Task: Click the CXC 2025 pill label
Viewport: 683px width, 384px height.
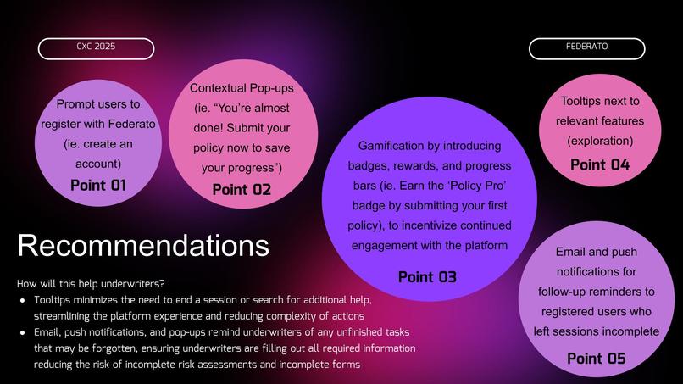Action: tap(96, 47)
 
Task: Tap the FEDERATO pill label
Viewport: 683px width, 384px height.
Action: tap(586, 47)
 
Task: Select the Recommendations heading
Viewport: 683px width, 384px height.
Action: tap(143, 246)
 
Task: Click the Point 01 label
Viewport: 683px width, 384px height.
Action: tap(97, 185)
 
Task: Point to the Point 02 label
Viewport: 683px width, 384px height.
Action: tap(242, 189)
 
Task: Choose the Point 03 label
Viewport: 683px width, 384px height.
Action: tap(427, 276)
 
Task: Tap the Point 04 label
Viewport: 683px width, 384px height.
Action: tap(600, 164)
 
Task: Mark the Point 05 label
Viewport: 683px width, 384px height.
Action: tap(596, 359)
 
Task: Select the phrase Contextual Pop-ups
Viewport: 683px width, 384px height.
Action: tap(242, 88)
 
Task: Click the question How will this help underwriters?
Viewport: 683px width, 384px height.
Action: tap(91, 283)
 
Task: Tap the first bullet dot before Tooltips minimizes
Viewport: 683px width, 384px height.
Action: tap(22, 301)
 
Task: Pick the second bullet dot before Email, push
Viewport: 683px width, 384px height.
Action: tap(22, 333)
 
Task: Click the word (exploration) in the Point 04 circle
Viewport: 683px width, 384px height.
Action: tap(600, 140)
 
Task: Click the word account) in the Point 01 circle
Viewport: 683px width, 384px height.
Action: tap(97, 164)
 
